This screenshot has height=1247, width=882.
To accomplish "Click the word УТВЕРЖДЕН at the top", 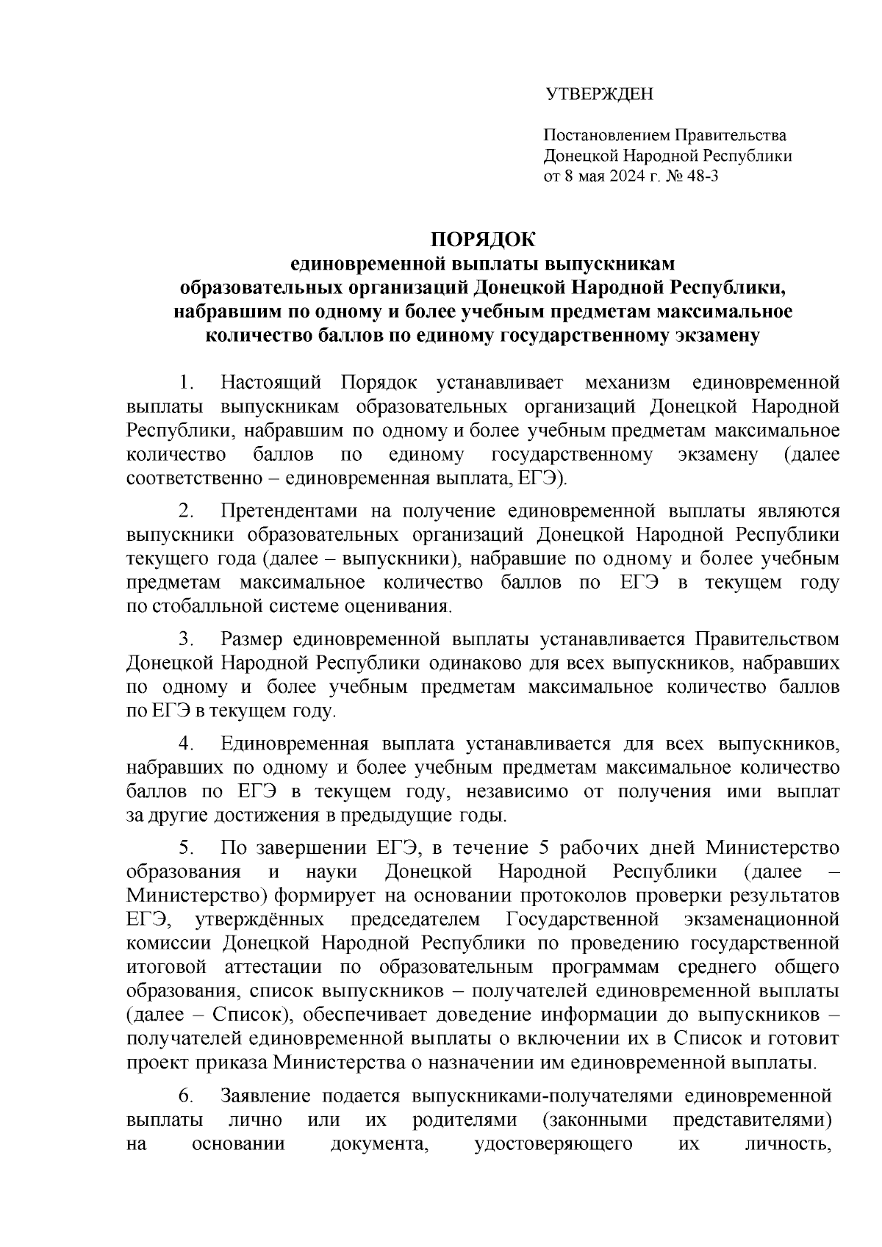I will tap(598, 95).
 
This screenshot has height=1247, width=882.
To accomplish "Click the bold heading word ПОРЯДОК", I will tap(483, 240).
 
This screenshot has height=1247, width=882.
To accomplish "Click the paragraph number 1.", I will tap(187, 383).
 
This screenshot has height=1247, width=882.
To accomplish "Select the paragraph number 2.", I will tap(187, 511).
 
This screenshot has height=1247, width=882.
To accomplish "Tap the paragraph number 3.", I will tap(187, 639).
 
